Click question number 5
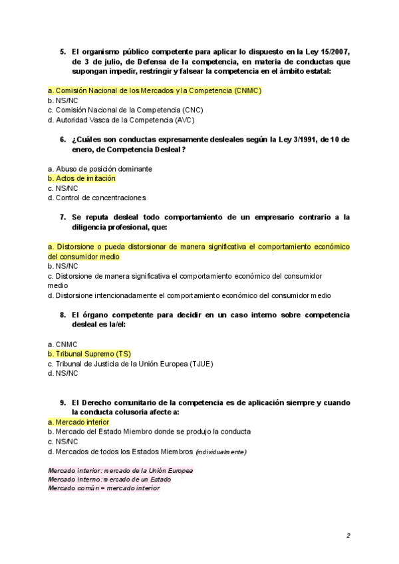point(63,52)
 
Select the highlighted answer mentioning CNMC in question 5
point(154,90)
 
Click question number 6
point(63,140)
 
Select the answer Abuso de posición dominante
point(100,169)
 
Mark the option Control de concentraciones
point(97,198)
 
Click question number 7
point(63,217)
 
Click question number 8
point(63,315)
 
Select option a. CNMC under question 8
point(63,345)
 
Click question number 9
point(63,402)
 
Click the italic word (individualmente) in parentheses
point(221,452)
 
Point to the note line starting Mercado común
point(104,488)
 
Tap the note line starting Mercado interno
point(109,479)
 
